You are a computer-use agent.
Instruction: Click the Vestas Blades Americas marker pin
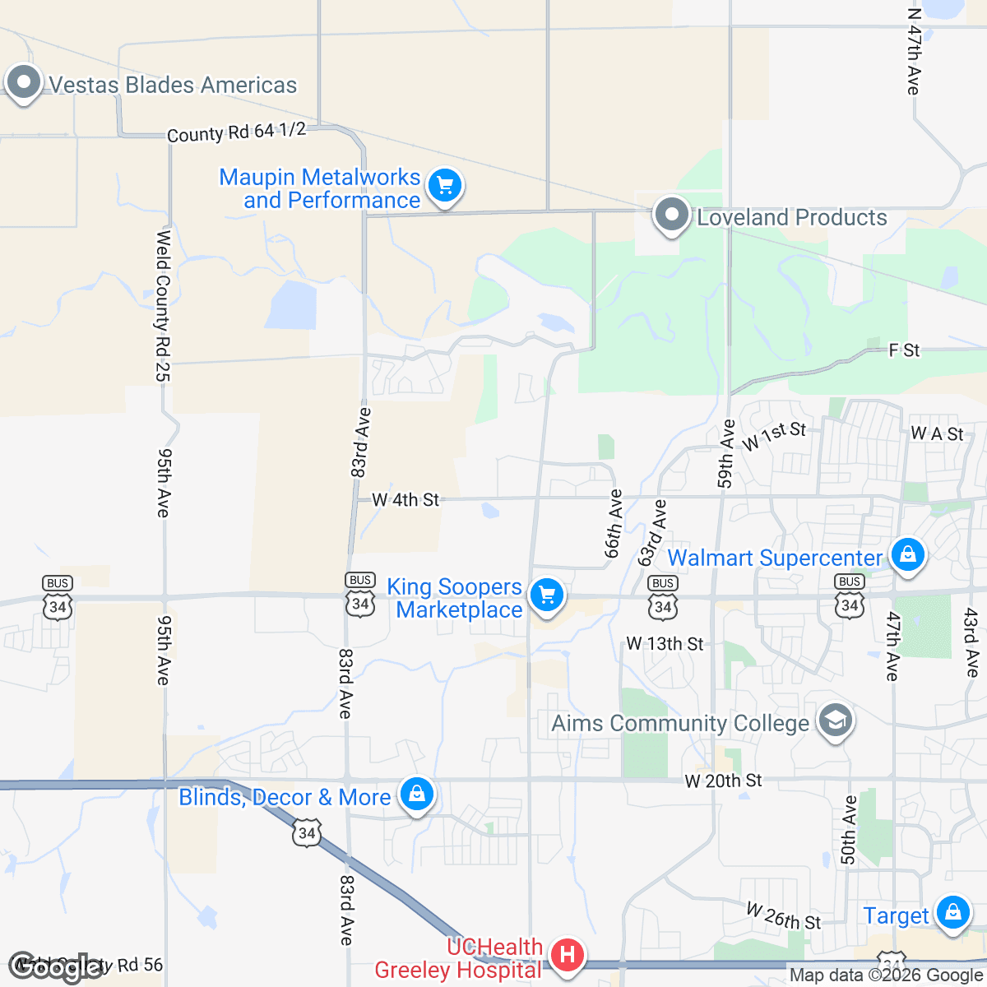coord(24,82)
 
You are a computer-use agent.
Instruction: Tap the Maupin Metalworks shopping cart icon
coord(445,186)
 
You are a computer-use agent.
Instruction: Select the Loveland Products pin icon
coord(671,215)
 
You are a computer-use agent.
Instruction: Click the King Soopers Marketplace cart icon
coord(547,594)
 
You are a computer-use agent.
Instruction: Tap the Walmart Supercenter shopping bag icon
coord(907,555)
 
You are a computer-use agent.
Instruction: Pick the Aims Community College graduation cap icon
coord(836,721)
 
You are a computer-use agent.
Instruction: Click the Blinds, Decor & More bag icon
coord(417,795)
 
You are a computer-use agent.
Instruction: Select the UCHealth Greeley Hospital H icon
coord(567,956)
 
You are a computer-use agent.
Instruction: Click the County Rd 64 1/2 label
coord(236,132)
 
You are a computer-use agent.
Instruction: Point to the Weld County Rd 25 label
coord(163,306)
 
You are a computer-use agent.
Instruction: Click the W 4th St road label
coord(405,499)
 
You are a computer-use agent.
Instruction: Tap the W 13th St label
coord(665,643)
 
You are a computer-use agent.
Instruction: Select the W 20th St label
coord(724,780)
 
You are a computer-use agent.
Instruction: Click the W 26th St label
coord(784,916)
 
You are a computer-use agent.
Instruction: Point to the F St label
coord(904,350)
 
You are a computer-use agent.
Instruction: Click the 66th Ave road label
coord(614,524)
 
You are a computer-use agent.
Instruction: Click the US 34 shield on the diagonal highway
coord(307,832)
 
